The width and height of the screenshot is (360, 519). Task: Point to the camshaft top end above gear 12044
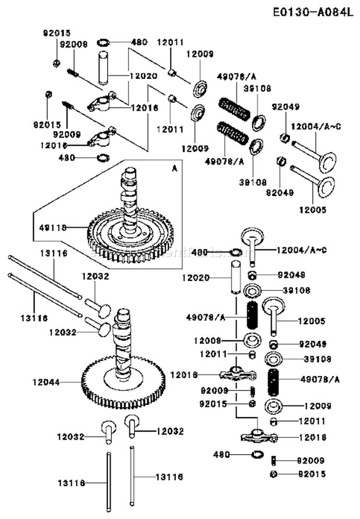point(122,317)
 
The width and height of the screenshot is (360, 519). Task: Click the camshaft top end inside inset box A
point(132,173)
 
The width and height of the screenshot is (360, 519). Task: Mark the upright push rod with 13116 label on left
point(108,480)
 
